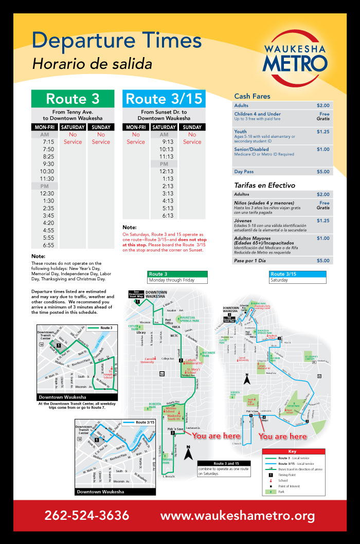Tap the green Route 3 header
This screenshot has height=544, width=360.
click(x=72, y=98)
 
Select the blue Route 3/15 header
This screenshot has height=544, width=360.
click(x=164, y=98)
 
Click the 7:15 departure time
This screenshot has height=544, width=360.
click(x=48, y=142)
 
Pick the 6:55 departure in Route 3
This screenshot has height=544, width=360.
click(x=48, y=245)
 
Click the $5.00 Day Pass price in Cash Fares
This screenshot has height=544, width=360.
click(x=323, y=172)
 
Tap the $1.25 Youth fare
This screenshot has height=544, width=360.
click(x=323, y=132)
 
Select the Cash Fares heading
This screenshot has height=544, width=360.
click(x=252, y=96)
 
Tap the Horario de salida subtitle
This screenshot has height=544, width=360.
click(x=92, y=64)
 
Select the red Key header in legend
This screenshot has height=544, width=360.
click(x=293, y=451)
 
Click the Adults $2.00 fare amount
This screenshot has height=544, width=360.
click(x=323, y=105)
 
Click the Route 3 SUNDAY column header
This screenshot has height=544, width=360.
click(x=101, y=127)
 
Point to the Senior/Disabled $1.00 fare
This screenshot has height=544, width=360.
click(x=323, y=149)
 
